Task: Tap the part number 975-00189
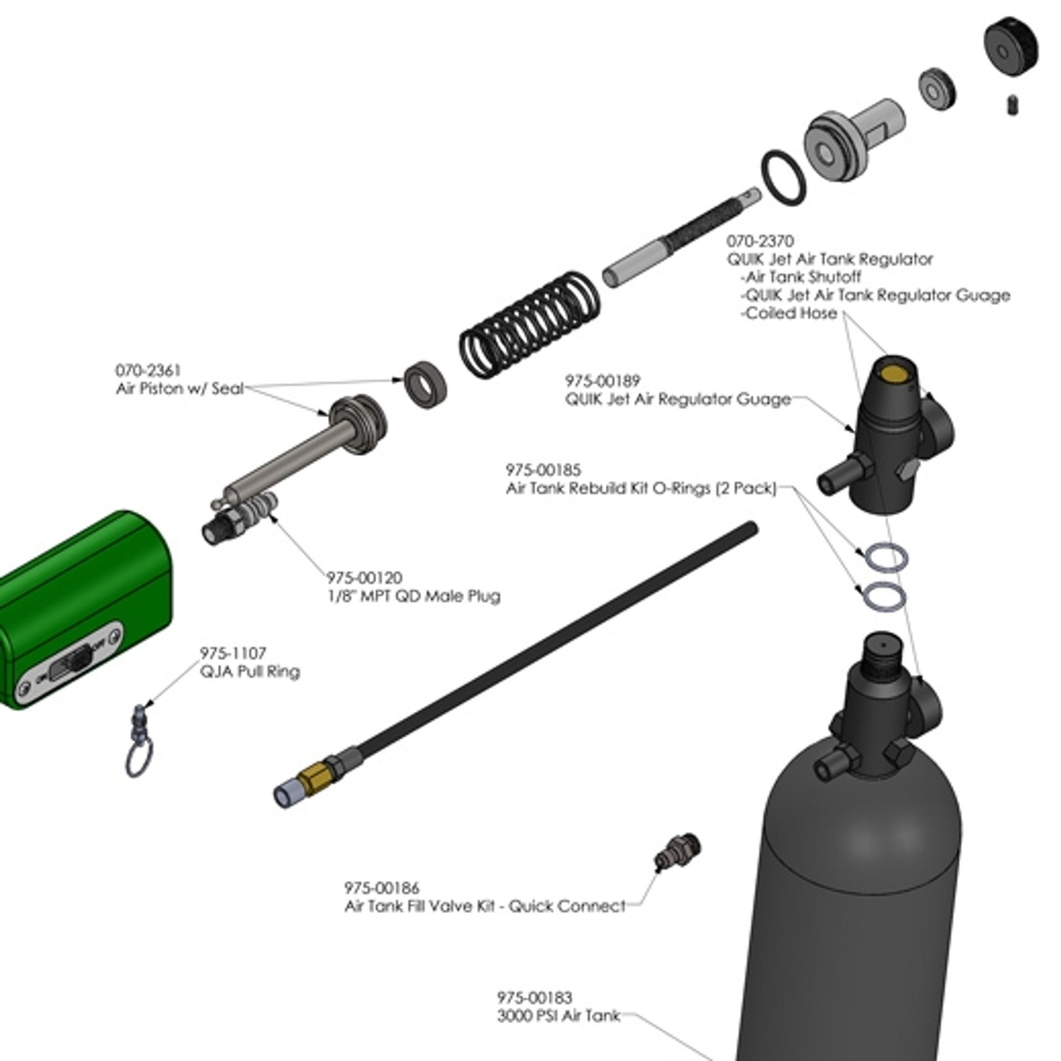pyautogui.click(x=602, y=381)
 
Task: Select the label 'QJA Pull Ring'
pyautogui.click(x=250, y=672)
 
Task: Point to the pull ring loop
pyautogui.click(x=139, y=760)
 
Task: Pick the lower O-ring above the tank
pyautogui.click(x=883, y=597)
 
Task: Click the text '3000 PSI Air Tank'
pyautogui.click(x=558, y=1016)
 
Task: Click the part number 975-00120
pyautogui.click(x=364, y=578)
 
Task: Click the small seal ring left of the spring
pyautogui.click(x=426, y=385)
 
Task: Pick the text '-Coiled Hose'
pyautogui.click(x=789, y=313)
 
